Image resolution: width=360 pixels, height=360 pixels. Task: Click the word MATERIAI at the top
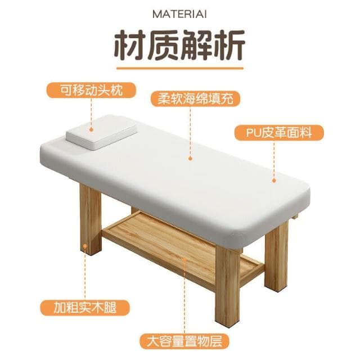tap(179, 13)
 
